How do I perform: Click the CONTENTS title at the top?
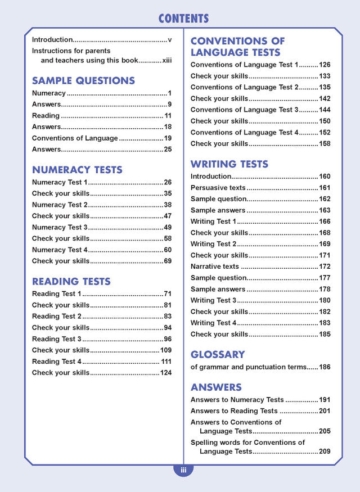pos(183,19)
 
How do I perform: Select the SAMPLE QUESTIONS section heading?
pos(83,80)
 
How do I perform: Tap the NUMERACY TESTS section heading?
pos(77,169)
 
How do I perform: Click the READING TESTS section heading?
pos(71,281)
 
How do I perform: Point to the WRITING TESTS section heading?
pos(229,164)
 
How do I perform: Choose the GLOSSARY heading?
pos(218,354)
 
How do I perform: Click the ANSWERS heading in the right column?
pos(216,387)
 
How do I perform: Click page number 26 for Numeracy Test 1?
pos(168,182)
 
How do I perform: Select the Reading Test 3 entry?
pos(57,339)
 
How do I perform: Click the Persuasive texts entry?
pos(218,188)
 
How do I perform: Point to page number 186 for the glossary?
pos(325,367)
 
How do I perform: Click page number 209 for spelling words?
pos(325,452)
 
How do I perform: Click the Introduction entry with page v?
pos(52,40)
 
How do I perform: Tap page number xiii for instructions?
pos(166,60)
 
